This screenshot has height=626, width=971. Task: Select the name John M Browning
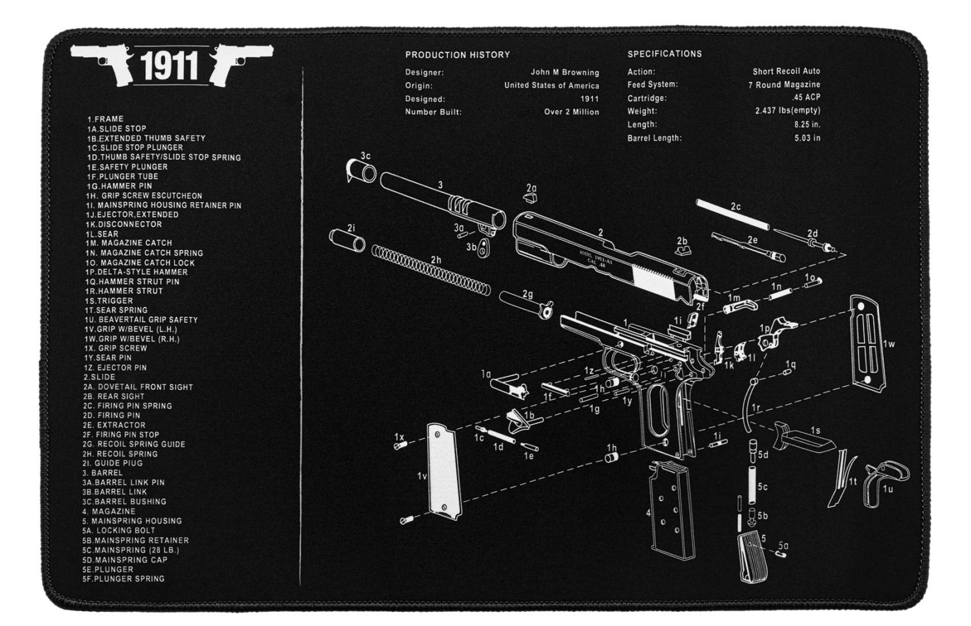[x=564, y=73]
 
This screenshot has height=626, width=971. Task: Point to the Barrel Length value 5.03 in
[x=807, y=138]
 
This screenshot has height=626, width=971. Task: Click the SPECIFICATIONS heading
[x=664, y=54]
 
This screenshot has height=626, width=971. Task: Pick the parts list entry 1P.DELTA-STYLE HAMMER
[x=137, y=272]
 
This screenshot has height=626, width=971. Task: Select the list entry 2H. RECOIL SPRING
[x=120, y=454]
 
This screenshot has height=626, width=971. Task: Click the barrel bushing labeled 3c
[x=363, y=171]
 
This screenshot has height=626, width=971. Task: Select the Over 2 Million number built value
[x=571, y=113]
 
